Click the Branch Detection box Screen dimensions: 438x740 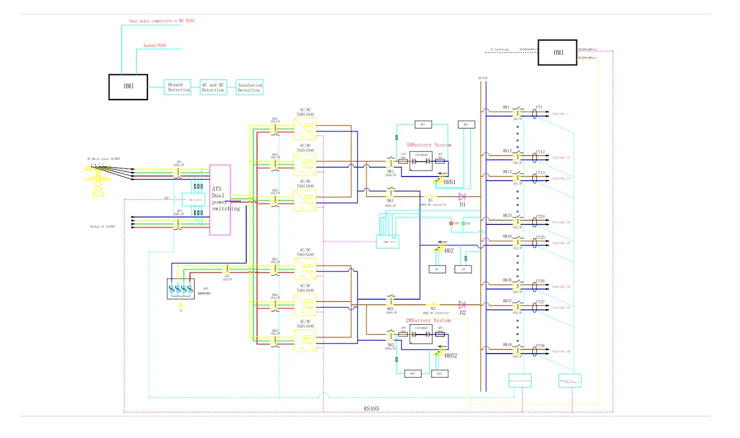[177, 87]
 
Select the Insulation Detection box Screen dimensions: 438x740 [249, 87]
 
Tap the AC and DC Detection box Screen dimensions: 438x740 [213, 87]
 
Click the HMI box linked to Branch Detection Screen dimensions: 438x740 [128, 86]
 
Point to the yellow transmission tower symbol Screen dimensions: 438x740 [98, 183]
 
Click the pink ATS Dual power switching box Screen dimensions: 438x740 [220, 200]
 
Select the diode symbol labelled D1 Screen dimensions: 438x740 [462, 197]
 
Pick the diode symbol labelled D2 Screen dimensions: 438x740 [462, 305]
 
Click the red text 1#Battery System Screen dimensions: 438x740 [428, 145]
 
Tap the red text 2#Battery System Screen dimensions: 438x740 [428, 321]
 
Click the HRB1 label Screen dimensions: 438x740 [450, 182]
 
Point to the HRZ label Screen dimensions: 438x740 [449, 251]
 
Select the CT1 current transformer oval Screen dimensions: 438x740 [535, 114]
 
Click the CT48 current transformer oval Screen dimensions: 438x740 [535, 352]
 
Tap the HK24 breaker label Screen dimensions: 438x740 [507, 216]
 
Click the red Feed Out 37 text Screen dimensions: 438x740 [561, 308]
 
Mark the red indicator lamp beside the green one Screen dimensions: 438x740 [451, 223]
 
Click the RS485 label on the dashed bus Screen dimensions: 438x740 [371, 409]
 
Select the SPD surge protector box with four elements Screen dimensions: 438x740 [181, 289]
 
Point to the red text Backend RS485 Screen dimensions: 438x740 [154, 46]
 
